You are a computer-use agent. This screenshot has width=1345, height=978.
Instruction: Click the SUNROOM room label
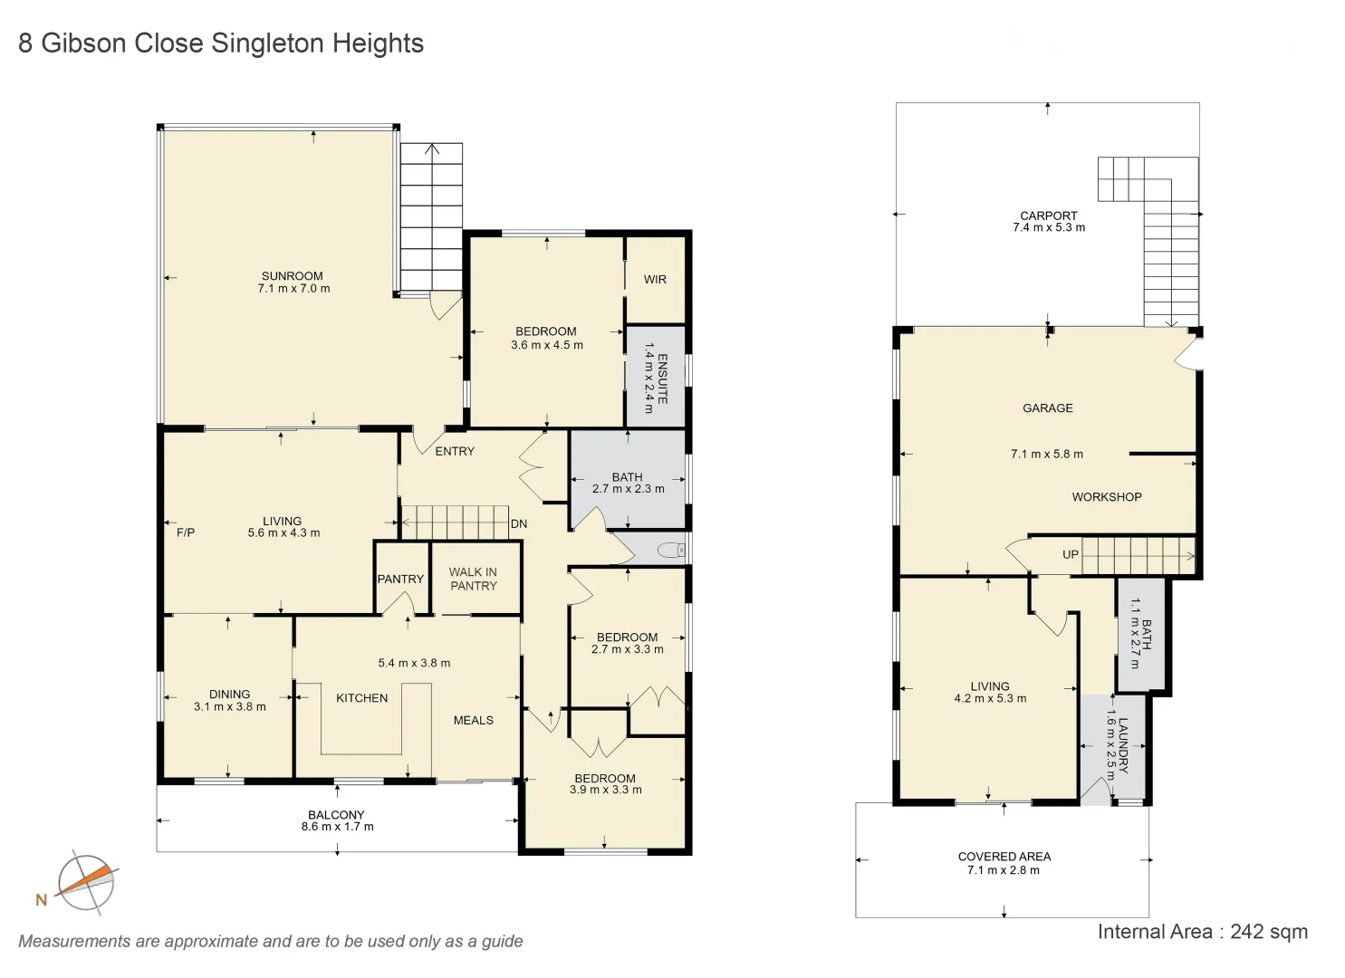(293, 276)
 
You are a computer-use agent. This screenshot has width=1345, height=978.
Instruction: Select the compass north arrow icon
(86, 882)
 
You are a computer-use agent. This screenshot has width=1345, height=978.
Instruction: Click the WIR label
(655, 280)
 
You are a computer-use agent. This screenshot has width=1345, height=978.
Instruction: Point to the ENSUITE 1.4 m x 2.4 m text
(655, 378)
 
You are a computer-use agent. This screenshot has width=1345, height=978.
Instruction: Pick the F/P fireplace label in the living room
(186, 532)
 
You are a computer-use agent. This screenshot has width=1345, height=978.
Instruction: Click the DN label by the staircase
(519, 524)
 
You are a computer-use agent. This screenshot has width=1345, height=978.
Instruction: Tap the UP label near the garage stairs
(1071, 554)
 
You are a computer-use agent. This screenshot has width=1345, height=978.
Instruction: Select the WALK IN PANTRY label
(473, 579)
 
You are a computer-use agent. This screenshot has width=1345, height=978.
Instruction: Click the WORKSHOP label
(1106, 497)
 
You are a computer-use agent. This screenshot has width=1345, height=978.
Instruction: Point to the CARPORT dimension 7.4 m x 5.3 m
(1048, 228)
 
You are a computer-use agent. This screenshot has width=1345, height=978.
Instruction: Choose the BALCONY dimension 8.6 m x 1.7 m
(337, 827)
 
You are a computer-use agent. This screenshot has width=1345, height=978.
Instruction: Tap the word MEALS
(473, 721)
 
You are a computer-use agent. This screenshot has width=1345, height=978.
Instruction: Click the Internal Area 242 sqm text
(1202, 932)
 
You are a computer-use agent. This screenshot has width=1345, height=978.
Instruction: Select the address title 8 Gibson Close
(221, 43)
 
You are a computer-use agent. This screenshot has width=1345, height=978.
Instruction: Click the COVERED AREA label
(1004, 857)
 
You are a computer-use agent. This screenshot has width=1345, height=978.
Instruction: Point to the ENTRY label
(455, 451)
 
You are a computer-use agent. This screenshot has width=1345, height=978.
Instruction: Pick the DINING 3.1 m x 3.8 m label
(229, 701)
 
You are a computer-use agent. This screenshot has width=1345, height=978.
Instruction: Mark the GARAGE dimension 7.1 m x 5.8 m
(1046, 455)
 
